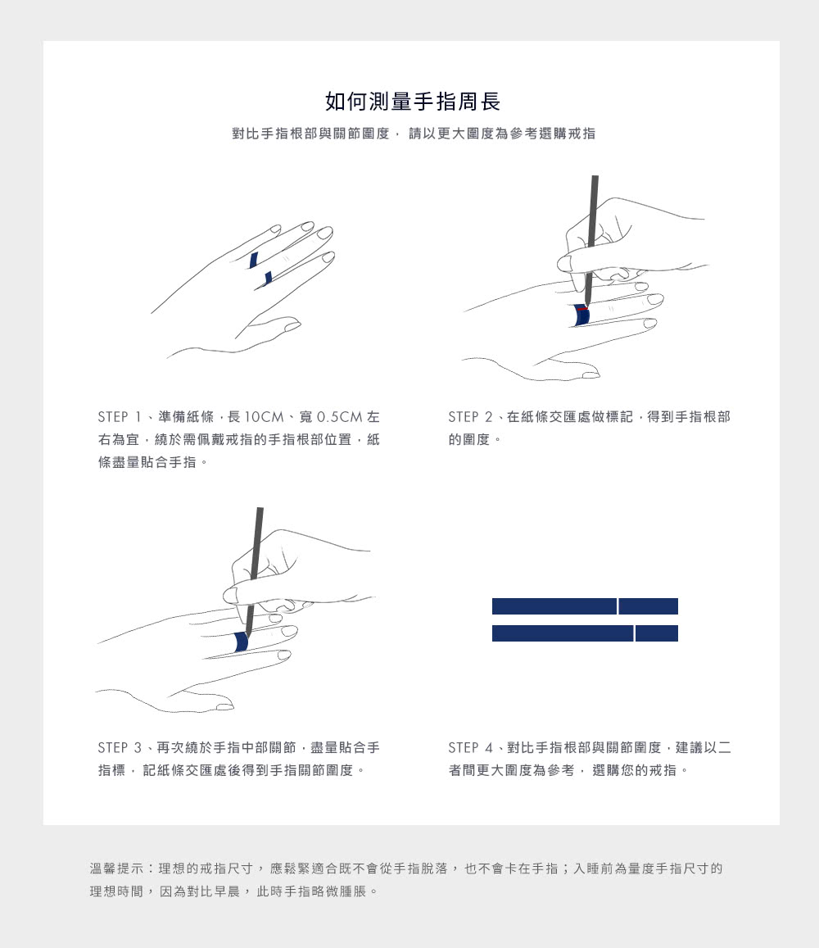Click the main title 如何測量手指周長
coord(412,102)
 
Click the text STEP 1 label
coord(121,417)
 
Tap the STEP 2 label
coord(473,417)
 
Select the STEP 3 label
coord(121,748)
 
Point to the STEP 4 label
coord(473,748)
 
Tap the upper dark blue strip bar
coord(554,606)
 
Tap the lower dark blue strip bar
coord(562,633)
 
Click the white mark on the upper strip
coord(618,606)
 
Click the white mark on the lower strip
coord(634,633)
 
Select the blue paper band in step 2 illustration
coord(581,315)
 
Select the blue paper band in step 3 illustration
coord(241,642)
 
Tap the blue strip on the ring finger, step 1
coord(254,261)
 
